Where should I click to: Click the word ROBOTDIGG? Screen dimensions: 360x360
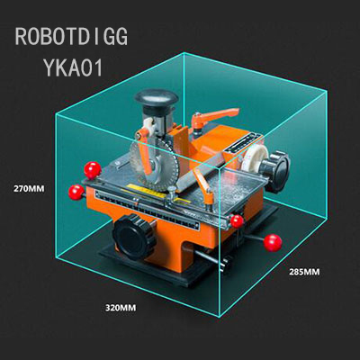71,37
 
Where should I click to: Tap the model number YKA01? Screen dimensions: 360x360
73,67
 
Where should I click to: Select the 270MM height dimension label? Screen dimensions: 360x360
29,189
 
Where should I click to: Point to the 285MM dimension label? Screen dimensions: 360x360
304,272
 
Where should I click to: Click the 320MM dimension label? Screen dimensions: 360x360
121,308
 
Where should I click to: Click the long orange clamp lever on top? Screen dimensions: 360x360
214,117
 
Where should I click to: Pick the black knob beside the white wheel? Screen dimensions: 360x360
274,171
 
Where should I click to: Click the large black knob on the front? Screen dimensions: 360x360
134,237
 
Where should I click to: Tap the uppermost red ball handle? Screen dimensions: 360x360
93,170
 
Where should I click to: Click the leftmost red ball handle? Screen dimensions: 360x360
76,193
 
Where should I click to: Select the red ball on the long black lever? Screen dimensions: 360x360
273,243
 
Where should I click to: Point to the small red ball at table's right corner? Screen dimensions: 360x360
237,221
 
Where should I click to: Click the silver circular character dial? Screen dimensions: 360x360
154,166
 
